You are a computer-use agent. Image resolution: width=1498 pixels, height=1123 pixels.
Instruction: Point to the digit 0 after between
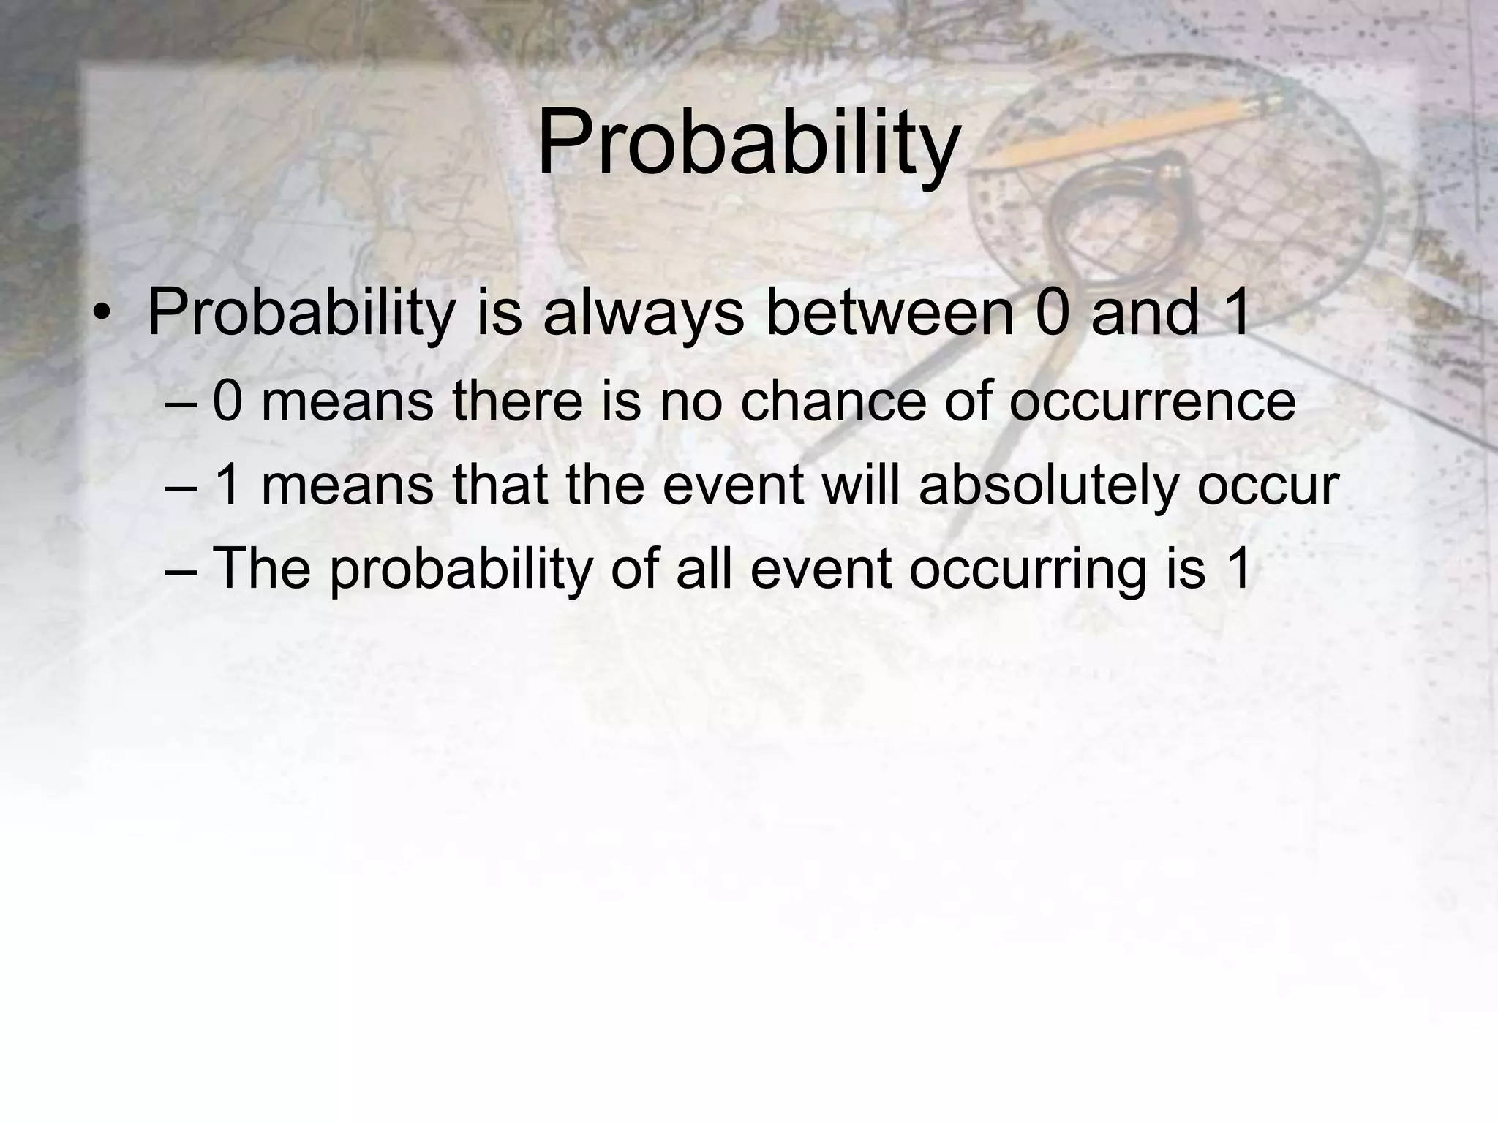point(1051,313)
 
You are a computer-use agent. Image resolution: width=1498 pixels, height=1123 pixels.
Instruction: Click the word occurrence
point(1152,403)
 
